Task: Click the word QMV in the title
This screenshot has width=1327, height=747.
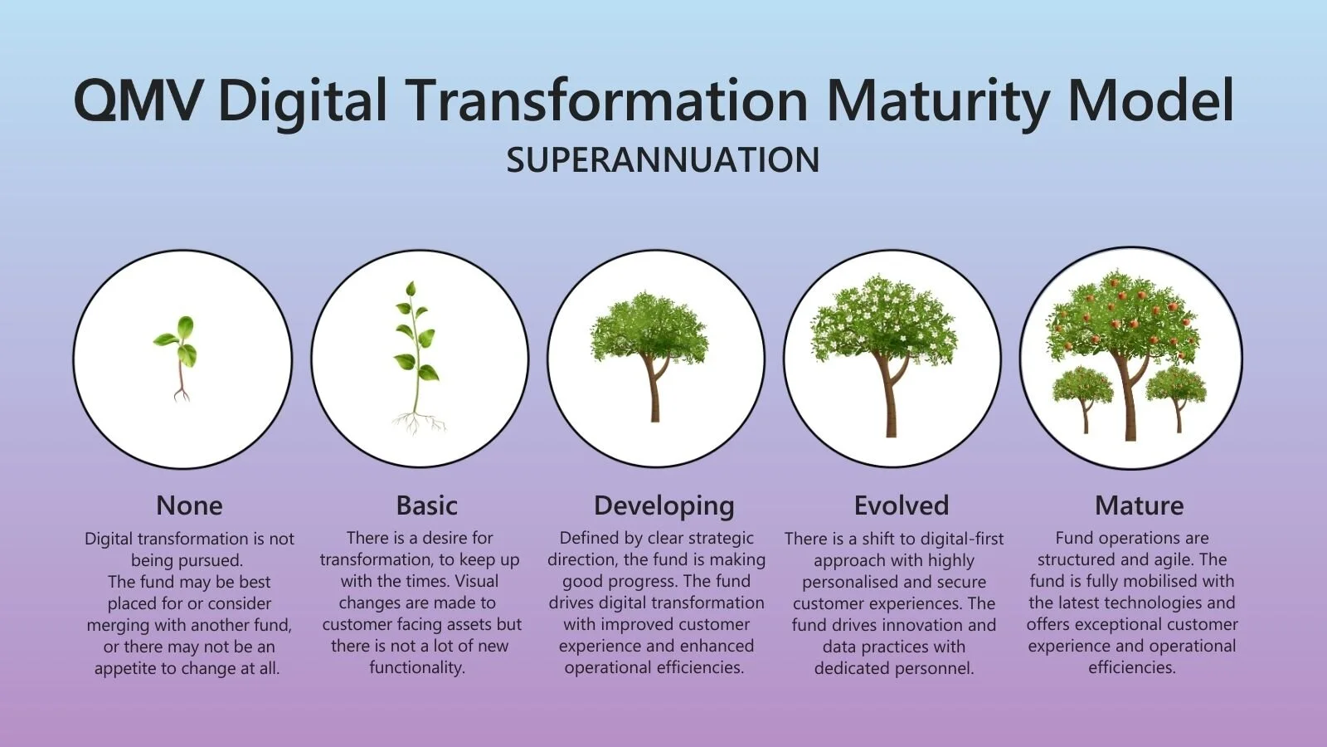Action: point(138,100)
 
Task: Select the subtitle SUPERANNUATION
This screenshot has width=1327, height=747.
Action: point(663,159)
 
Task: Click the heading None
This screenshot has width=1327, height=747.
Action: point(189,505)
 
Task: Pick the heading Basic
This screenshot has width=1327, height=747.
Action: point(426,505)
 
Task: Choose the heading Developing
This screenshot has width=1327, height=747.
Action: point(663,505)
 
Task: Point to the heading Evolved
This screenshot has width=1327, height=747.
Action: point(901,505)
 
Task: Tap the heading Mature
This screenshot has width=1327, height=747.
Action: point(1139,505)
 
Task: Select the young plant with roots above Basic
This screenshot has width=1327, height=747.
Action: point(416,357)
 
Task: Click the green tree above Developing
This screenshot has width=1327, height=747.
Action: point(650,349)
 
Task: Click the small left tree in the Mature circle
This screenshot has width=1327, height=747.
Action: point(1083,394)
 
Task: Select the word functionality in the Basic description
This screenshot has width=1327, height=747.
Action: point(416,667)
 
